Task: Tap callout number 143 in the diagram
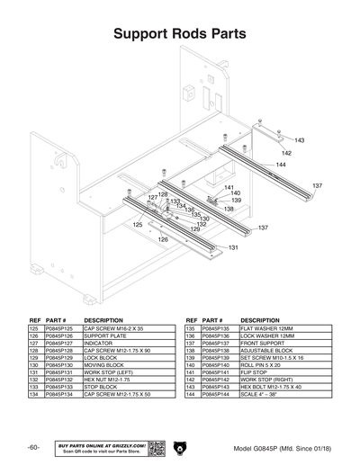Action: click(300, 140)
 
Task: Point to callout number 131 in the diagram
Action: click(233, 247)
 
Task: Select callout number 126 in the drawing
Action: click(163, 240)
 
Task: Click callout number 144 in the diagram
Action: click(281, 165)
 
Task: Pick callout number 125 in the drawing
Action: click(138, 225)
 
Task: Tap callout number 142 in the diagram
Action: click(286, 153)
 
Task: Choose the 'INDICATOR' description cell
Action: click(98, 343)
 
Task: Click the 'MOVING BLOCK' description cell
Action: click(104, 363)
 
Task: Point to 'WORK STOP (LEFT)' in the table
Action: click(109, 371)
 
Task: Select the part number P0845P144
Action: click(218, 395)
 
